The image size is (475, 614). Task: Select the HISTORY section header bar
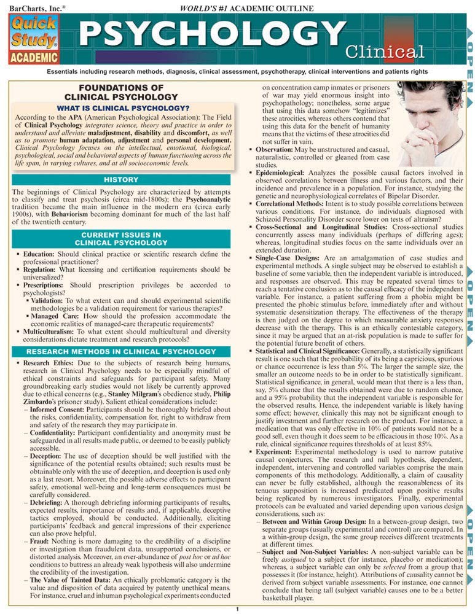coord(121,180)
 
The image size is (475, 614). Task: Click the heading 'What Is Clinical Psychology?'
coord(122,108)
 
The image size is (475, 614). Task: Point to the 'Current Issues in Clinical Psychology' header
coord(121,239)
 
